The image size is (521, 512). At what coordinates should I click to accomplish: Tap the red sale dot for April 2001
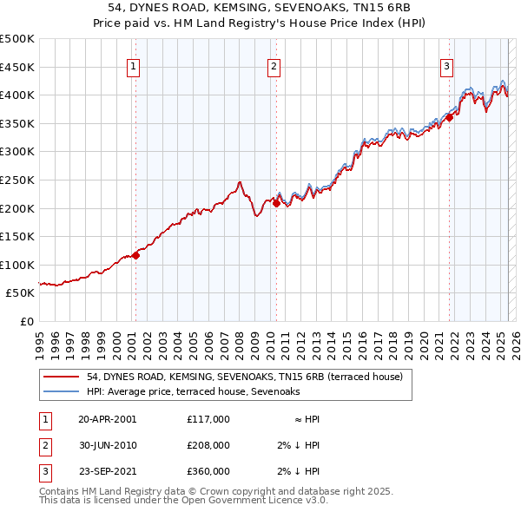click(136, 255)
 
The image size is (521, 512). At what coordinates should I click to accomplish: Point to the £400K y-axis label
click(18, 95)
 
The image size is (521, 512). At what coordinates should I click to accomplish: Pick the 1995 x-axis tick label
click(41, 341)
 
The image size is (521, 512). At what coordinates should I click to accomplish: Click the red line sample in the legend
click(61, 377)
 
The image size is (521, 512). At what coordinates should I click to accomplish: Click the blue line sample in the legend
click(61, 392)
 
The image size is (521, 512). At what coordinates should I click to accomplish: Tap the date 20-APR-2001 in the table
click(108, 419)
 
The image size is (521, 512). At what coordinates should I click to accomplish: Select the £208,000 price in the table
click(208, 445)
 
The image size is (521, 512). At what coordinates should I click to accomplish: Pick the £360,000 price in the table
click(208, 471)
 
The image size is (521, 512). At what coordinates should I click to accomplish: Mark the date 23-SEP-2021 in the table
click(108, 471)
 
